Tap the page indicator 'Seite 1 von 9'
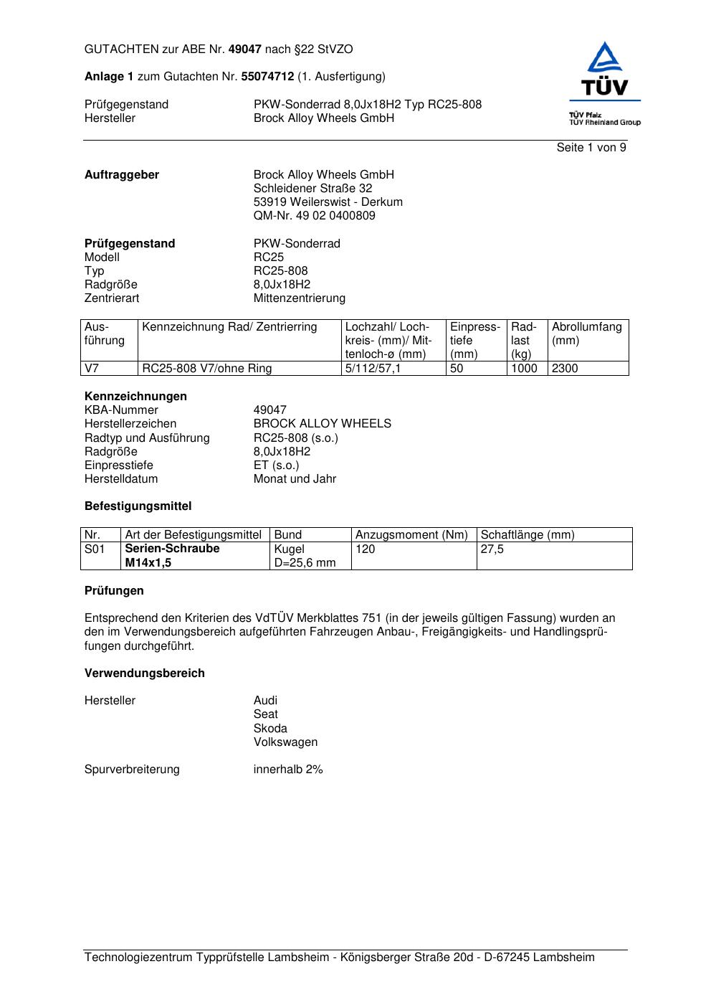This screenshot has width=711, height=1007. (591, 148)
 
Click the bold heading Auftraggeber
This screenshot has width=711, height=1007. (122, 175)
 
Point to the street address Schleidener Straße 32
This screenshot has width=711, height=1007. (312, 189)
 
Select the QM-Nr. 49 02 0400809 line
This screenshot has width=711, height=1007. (314, 216)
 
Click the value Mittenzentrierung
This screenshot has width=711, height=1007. (299, 298)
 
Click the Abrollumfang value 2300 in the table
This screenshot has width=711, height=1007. (565, 369)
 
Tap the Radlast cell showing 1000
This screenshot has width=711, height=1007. (524, 369)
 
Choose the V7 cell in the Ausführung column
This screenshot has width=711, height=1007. (92, 369)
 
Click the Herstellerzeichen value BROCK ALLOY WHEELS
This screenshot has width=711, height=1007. (322, 424)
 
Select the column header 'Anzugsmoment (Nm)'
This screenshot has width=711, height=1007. (411, 535)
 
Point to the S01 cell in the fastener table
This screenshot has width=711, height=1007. (95, 549)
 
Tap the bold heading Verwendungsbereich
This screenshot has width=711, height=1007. (145, 673)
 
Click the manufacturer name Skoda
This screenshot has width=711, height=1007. (270, 729)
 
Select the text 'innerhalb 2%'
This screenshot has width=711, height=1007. (288, 770)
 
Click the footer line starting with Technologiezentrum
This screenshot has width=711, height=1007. (340, 958)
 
